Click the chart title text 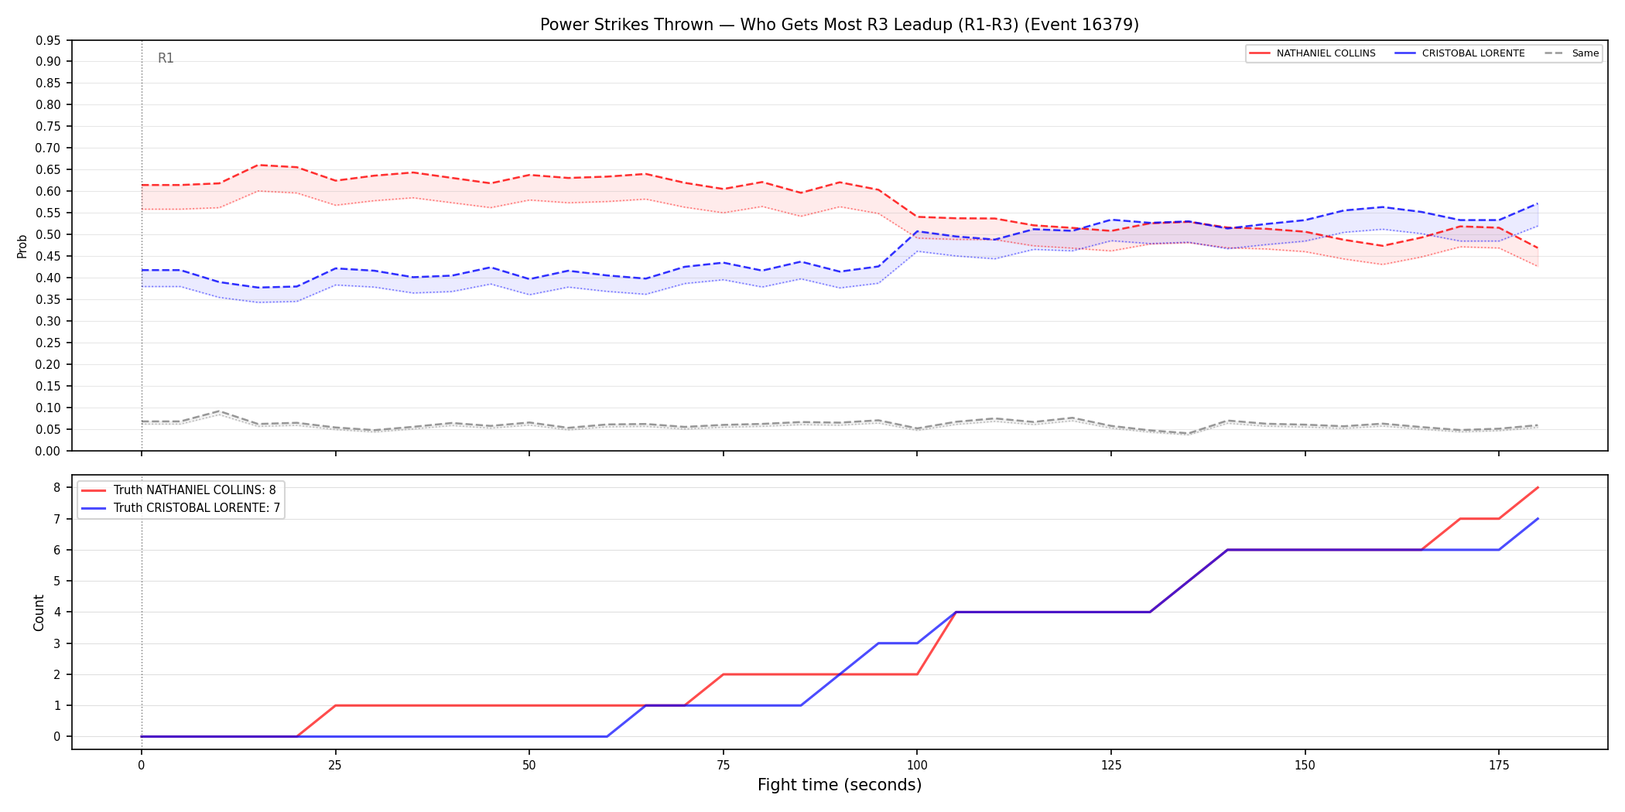[x=840, y=25]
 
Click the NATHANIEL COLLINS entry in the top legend [x=1312, y=53]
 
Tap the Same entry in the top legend [x=1572, y=53]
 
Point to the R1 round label [x=166, y=58]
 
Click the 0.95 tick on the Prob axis [x=48, y=40]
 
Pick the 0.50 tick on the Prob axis [x=48, y=234]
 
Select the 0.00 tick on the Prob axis [x=48, y=451]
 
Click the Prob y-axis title [x=22, y=246]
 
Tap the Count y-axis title [x=39, y=612]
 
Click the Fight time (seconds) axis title [x=840, y=785]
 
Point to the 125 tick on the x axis [x=1111, y=765]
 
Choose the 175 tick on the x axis [x=1499, y=765]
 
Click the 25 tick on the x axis [x=335, y=765]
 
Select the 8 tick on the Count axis [x=57, y=487]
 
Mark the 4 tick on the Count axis [x=57, y=612]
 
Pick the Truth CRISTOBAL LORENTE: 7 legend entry [x=181, y=508]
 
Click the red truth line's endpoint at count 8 [x=1538, y=487]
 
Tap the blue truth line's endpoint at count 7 [x=1538, y=518]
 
